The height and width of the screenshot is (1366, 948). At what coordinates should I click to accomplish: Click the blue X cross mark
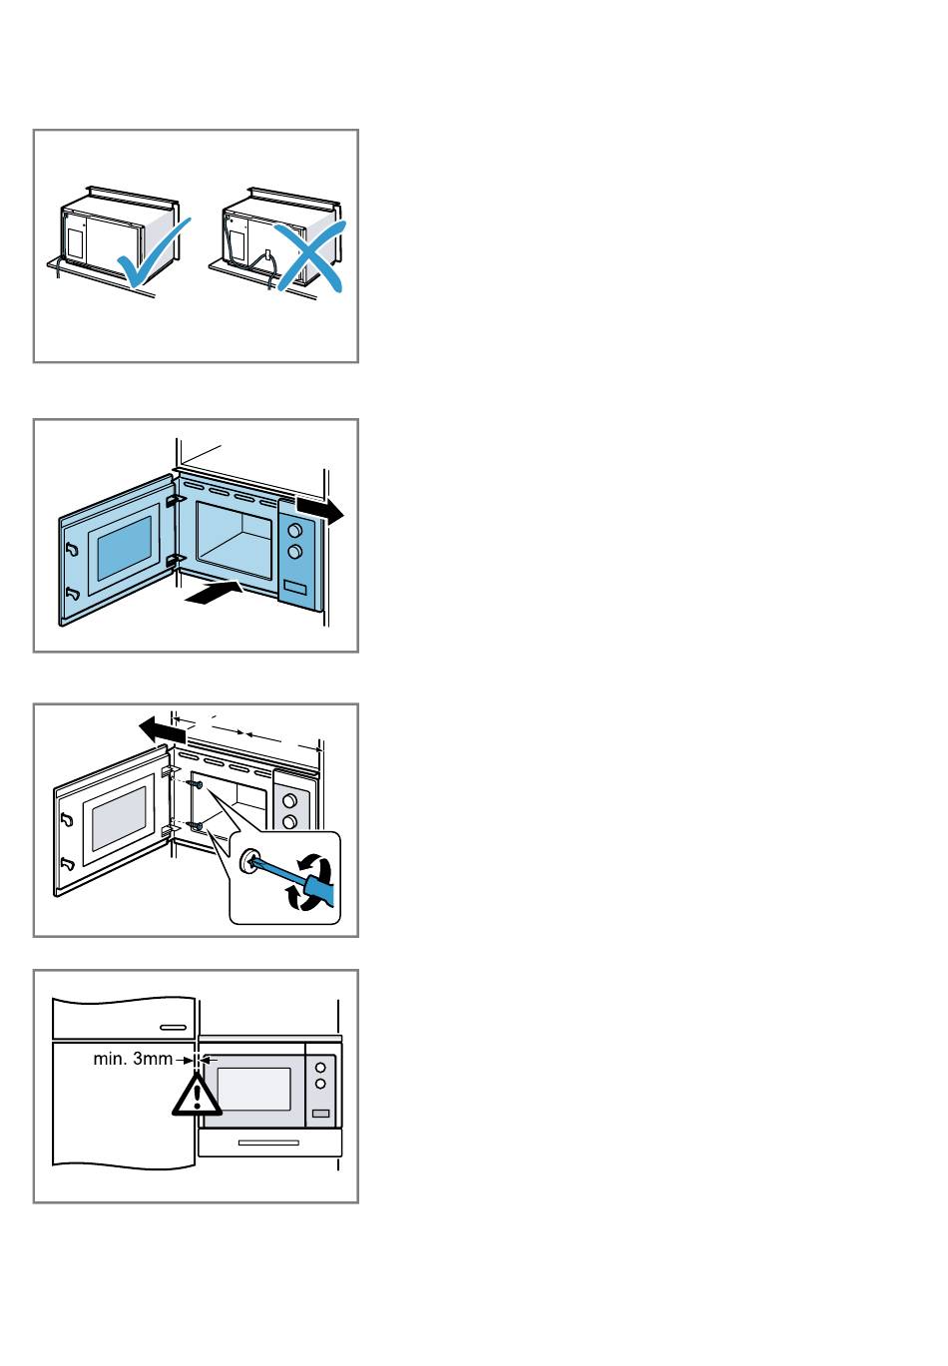pos(310,255)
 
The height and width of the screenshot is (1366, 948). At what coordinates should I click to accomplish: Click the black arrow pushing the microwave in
pos(214,592)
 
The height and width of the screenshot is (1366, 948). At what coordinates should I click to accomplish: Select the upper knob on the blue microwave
pos(294,530)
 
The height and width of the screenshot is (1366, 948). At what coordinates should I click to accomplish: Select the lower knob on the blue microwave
pos(294,552)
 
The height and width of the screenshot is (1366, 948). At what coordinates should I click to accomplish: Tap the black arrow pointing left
pos(163,730)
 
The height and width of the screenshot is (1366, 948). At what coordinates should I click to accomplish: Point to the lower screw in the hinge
pos(196,827)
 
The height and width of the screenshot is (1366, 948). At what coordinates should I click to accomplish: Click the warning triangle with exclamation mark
pos(196,1096)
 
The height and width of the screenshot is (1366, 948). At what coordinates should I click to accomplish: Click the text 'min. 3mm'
pos(133,1060)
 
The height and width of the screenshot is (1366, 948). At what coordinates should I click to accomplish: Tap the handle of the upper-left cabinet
pos(173,1027)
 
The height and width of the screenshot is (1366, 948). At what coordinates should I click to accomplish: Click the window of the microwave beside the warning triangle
pos(253,1089)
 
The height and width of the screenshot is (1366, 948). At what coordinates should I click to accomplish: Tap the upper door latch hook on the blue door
pos(72,550)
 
